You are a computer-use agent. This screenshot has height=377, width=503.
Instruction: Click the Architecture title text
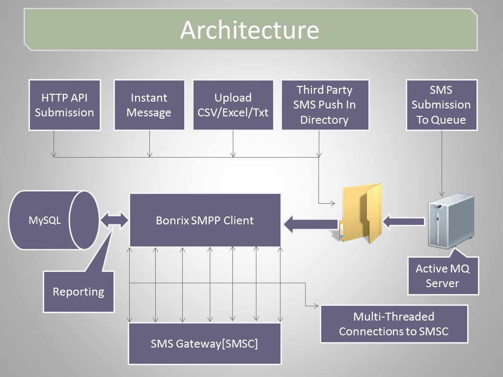250,30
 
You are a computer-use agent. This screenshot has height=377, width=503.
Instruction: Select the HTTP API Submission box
64,105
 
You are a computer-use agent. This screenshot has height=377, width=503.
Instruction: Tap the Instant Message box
149,105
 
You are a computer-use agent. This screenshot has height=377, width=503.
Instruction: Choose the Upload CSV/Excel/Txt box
233,105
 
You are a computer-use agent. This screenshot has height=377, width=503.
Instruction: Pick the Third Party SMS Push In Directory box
325,105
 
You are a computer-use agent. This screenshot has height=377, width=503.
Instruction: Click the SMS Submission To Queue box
442,105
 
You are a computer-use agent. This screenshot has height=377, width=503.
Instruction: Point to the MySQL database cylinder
54,220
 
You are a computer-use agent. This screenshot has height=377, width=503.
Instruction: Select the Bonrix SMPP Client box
205,220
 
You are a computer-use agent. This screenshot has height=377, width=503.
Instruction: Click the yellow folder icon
361,213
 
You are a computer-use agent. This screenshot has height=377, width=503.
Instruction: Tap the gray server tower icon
451,220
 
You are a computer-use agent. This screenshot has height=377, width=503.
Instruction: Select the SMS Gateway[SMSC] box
205,344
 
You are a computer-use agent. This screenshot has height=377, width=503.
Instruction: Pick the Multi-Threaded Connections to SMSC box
394,324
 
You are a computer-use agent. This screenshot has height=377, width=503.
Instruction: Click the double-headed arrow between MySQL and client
114,220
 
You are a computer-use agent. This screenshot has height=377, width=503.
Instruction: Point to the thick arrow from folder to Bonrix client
311,224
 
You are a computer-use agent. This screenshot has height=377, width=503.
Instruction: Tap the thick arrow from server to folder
404,221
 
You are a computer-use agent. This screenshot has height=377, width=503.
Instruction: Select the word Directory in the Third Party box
324,120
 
